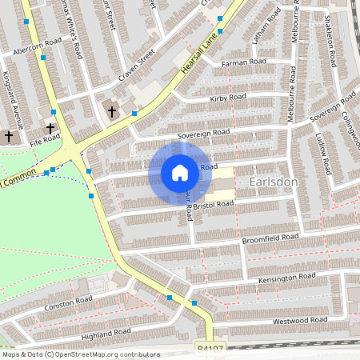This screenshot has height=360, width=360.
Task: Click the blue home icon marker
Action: (180, 172)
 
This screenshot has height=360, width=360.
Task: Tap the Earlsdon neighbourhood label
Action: (274, 182)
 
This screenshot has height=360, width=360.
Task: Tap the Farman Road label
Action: (243, 62)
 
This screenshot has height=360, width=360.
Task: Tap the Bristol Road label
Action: (214, 204)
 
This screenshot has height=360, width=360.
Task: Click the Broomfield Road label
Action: (270, 238)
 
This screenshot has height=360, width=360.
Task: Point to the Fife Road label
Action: (46, 138)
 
